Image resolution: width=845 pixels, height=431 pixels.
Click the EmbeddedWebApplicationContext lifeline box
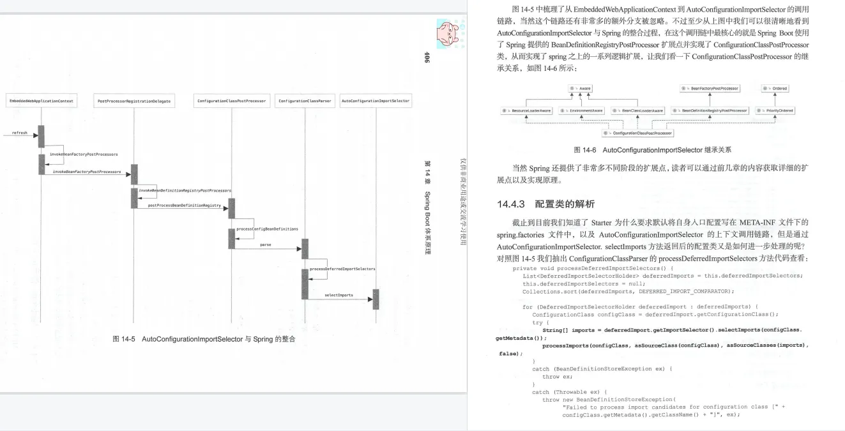click(x=42, y=102)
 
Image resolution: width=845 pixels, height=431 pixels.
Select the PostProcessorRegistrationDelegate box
click(x=134, y=102)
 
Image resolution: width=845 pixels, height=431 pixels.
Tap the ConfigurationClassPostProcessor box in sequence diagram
click(x=231, y=102)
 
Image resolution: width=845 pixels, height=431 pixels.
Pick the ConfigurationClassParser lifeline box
click(x=305, y=102)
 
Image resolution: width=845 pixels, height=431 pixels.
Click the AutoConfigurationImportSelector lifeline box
click(x=376, y=102)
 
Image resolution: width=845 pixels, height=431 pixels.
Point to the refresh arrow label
click(x=20, y=133)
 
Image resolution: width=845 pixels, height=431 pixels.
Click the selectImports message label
click(x=339, y=295)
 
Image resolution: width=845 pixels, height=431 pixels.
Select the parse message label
click(x=266, y=245)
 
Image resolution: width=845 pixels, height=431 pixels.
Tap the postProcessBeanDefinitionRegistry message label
click(x=184, y=206)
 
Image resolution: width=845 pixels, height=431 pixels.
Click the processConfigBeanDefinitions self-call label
click(x=267, y=229)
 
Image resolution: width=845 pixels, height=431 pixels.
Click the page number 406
click(x=427, y=57)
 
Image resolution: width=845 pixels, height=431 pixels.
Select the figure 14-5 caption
click(x=204, y=338)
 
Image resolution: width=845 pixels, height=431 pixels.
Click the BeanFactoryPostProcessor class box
click(x=709, y=88)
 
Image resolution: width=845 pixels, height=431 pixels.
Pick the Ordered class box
click(x=776, y=88)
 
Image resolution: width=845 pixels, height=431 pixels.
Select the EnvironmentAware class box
click(x=581, y=110)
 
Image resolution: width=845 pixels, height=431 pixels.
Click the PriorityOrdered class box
click(x=775, y=110)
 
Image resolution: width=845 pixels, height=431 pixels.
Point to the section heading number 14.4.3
click(x=510, y=204)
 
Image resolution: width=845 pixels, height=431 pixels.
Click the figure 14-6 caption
click(x=652, y=150)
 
